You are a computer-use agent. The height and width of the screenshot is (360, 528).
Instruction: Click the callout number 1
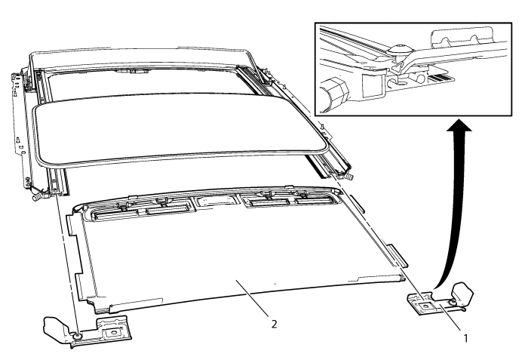click(x=465, y=338)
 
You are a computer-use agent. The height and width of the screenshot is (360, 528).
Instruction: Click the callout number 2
click(x=275, y=324)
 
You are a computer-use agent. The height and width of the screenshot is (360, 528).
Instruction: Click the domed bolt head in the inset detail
click(x=401, y=48)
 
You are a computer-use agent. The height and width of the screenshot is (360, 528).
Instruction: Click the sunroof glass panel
click(x=181, y=130)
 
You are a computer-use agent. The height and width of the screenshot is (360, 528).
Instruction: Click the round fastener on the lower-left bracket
click(x=78, y=336)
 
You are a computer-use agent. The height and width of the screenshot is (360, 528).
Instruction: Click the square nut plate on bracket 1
click(x=425, y=306)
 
